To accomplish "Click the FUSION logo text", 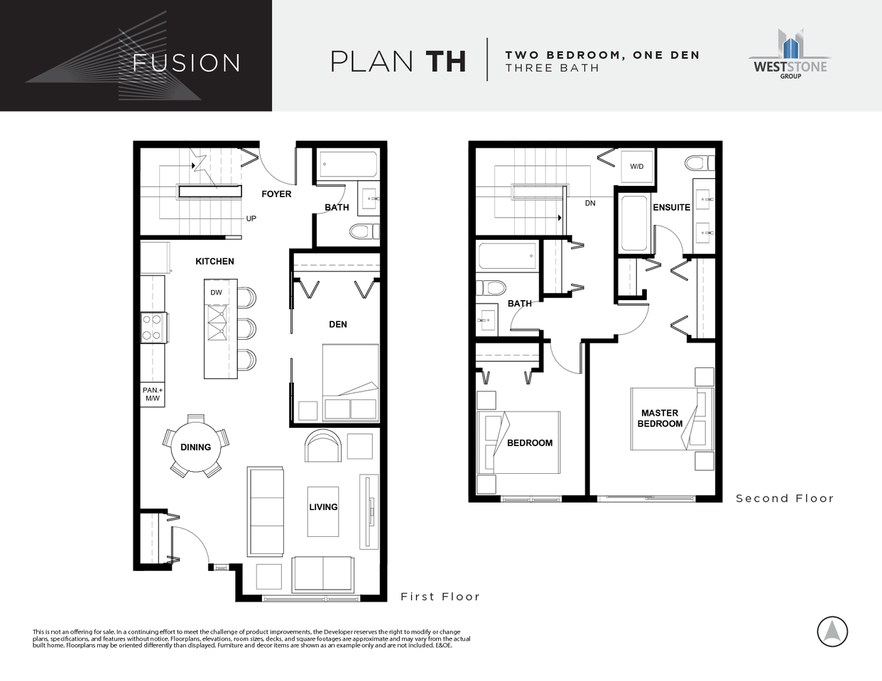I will point(186,62).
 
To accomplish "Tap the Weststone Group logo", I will point(790,55).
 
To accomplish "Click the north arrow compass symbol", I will point(832,631).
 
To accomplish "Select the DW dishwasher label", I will point(217,292).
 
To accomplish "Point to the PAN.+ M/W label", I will point(153,394).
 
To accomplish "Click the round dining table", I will point(195,447).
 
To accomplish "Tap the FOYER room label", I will point(276,194).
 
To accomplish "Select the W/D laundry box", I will point(637,167).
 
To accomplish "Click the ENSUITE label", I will point(671,207).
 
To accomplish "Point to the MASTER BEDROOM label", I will point(660,418).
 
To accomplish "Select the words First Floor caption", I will point(440,597).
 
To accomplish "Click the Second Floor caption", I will point(784,499).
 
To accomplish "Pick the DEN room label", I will point(338,324).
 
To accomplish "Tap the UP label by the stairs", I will point(251,218).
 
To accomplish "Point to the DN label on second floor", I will point(590,203).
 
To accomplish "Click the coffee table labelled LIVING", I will point(323,511).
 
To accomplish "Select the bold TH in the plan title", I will point(446,62).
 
